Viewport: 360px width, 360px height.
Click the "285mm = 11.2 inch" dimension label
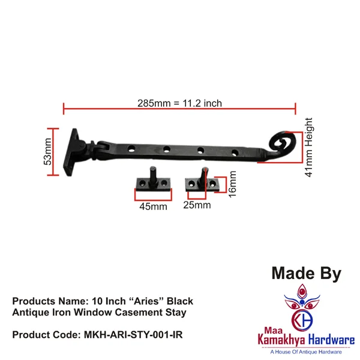179,103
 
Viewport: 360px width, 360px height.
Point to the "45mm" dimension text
153,207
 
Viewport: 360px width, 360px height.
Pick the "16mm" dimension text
233,184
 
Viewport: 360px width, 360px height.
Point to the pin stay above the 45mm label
153,179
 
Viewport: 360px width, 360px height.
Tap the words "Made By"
306,274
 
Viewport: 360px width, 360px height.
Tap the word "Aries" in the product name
148,301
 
